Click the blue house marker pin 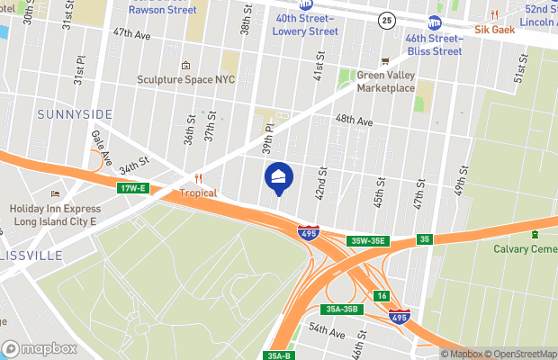click(x=278, y=176)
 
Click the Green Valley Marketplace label click(x=385, y=82)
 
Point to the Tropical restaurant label click(x=199, y=193)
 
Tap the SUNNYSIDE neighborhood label click(x=75, y=113)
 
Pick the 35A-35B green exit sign click(x=341, y=309)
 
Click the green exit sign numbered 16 click(x=382, y=296)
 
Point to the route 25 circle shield click(x=385, y=20)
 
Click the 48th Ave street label click(x=354, y=120)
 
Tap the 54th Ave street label click(x=327, y=333)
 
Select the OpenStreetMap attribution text click(x=524, y=354)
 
